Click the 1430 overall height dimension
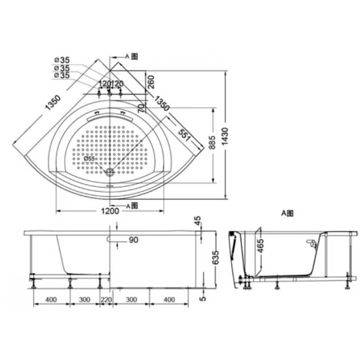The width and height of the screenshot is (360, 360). click(225, 136)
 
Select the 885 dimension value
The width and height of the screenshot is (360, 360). click(212, 143)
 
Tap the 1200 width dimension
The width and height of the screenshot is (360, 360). click(110, 211)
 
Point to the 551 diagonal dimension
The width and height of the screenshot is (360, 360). click(184, 135)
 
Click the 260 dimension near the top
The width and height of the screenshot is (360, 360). click(151, 82)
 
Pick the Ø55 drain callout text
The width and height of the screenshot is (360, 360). click(89, 158)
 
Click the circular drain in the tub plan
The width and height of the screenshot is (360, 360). click(110, 172)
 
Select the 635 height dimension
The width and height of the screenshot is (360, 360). click(216, 257)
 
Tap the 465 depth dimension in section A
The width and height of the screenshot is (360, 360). click(261, 246)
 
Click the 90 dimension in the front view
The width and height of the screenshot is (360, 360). click(134, 240)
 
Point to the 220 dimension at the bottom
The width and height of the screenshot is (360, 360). click(106, 300)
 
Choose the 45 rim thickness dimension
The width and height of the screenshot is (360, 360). click(198, 221)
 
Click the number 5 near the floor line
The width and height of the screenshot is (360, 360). click(203, 298)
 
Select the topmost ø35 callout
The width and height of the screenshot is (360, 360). click(62, 60)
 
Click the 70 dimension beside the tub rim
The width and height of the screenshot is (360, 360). click(141, 108)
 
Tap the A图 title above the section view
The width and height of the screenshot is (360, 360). click(287, 213)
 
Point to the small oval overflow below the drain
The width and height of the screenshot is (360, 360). click(110, 186)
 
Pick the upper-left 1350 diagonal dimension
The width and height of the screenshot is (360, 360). click(53, 103)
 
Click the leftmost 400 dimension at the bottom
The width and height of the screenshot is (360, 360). click(51, 300)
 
